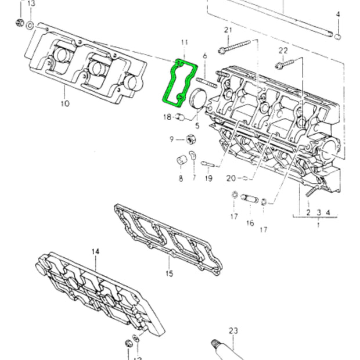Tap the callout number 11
(185, 42)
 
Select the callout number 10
(65, 103)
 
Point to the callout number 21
(228, 30)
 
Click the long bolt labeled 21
(234, 46)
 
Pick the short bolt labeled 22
(285, 64)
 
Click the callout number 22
(283, 51)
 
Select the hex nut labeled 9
(191, 139)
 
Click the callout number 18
(167, 117)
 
